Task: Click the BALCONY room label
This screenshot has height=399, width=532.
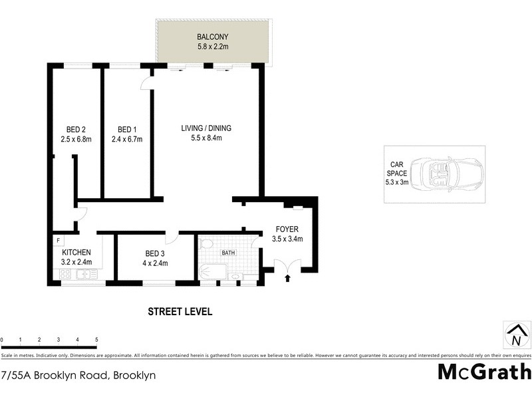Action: (213, 37)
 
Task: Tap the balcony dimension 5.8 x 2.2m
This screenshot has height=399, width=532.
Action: (213, 47)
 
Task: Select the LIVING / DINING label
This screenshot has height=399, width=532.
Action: (206, 128)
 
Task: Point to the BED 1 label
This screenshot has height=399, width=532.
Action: (127, 129)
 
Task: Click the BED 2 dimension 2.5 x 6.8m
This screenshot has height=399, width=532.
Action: (75, 139)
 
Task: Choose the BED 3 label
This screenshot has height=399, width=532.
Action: (156, 253)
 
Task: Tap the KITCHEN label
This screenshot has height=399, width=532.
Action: (76, 253)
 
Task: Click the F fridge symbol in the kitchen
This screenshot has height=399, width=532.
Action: (59, 240)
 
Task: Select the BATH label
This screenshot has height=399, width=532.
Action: (229, 253)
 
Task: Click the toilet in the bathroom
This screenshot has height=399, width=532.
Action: (205, 243)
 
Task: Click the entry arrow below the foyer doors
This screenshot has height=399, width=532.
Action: (287, 279)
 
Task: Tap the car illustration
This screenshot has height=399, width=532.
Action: (446, 176)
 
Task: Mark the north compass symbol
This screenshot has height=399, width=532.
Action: (516, 334)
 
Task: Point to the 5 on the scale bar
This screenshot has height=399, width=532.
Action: (96, 340)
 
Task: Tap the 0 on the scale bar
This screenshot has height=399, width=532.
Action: (2, 340)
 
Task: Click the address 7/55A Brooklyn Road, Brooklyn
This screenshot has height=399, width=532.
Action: (78, 375)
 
